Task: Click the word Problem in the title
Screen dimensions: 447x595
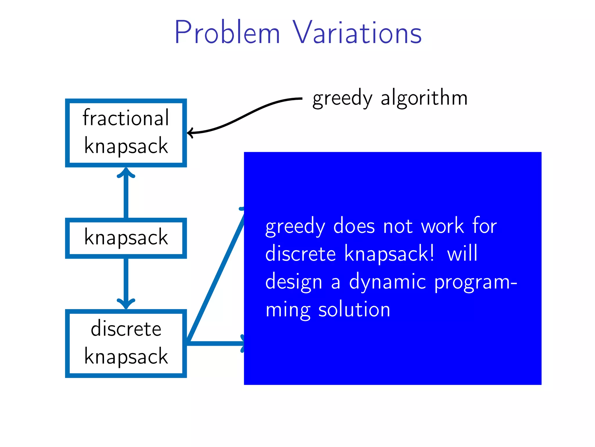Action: [x=227, y=33]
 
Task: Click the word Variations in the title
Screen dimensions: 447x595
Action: [x=357, y=33]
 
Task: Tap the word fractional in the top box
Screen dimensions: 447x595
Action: [x=126, y=118]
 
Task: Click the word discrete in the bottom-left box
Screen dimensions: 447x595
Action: [x=126, y=329]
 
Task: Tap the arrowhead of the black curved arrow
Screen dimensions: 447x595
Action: [x=190, y=133]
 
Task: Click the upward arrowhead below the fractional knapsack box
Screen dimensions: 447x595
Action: [x=126, y=173]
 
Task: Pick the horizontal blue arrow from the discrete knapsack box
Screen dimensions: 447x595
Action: [x=215, y=343]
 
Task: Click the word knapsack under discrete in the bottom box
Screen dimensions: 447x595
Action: [x=126, y=356]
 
